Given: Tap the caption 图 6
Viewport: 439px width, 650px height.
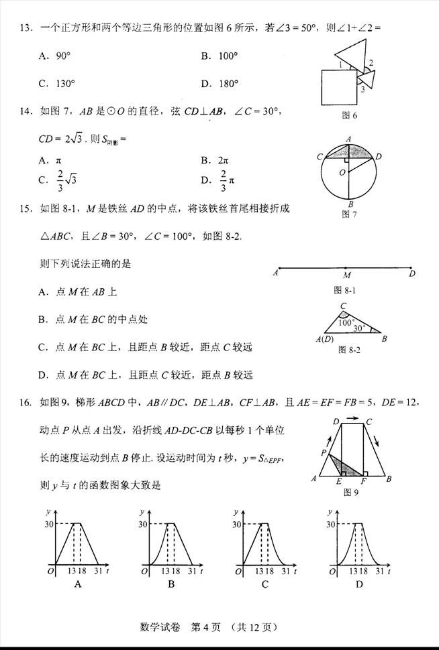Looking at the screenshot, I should click(x=349, y=116).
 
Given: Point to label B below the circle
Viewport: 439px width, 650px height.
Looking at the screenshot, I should click(x=350, y=205).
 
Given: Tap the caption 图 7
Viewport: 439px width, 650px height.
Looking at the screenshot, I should click(x=349, y=214).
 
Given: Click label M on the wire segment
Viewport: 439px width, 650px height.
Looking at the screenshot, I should click(x=346, y=275).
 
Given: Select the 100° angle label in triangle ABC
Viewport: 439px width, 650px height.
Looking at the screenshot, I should click(x=346, y=322).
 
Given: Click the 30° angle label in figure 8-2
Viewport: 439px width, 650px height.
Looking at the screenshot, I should click(x=361, y=328).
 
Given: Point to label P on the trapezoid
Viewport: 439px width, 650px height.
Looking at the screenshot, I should click(x=324, y=453).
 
